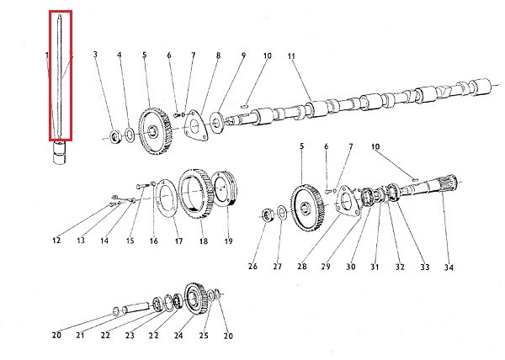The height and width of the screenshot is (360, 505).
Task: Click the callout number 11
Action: coord(291,56)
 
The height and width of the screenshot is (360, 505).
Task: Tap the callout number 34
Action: coord(449,267)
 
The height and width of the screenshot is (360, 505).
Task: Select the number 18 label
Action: coord(203,241)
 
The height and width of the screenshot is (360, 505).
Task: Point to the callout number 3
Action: coord(95,55)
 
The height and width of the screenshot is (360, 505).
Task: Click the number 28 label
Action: coord(302,267)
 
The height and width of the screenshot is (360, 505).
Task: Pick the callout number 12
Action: coord(56,240)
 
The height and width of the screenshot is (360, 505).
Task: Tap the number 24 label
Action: coord(178,336)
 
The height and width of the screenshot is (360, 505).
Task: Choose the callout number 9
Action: coord(243,56)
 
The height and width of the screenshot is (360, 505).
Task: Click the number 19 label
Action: coord(228,241)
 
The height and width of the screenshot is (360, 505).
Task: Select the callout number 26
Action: coord(252,267)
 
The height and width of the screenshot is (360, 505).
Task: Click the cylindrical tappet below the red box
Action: coord(61,153)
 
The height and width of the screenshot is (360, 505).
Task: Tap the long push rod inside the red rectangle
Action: coord(60,76)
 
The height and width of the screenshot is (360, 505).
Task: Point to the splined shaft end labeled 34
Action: coord(449,183)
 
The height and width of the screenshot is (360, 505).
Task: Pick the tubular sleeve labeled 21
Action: coord(136,307)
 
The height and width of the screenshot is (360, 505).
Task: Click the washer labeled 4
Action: coord(130,135)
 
